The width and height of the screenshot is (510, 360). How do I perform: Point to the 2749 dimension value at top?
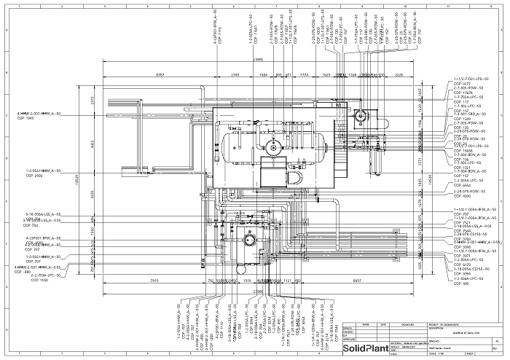pos(235,75)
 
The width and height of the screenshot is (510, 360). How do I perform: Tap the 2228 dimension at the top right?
pos(398,75)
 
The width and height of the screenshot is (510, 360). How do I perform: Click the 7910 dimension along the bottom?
pos(154,280)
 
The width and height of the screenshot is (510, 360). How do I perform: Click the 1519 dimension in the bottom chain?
pos(247,280)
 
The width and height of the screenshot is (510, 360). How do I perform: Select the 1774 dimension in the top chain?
pos(305,75)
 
